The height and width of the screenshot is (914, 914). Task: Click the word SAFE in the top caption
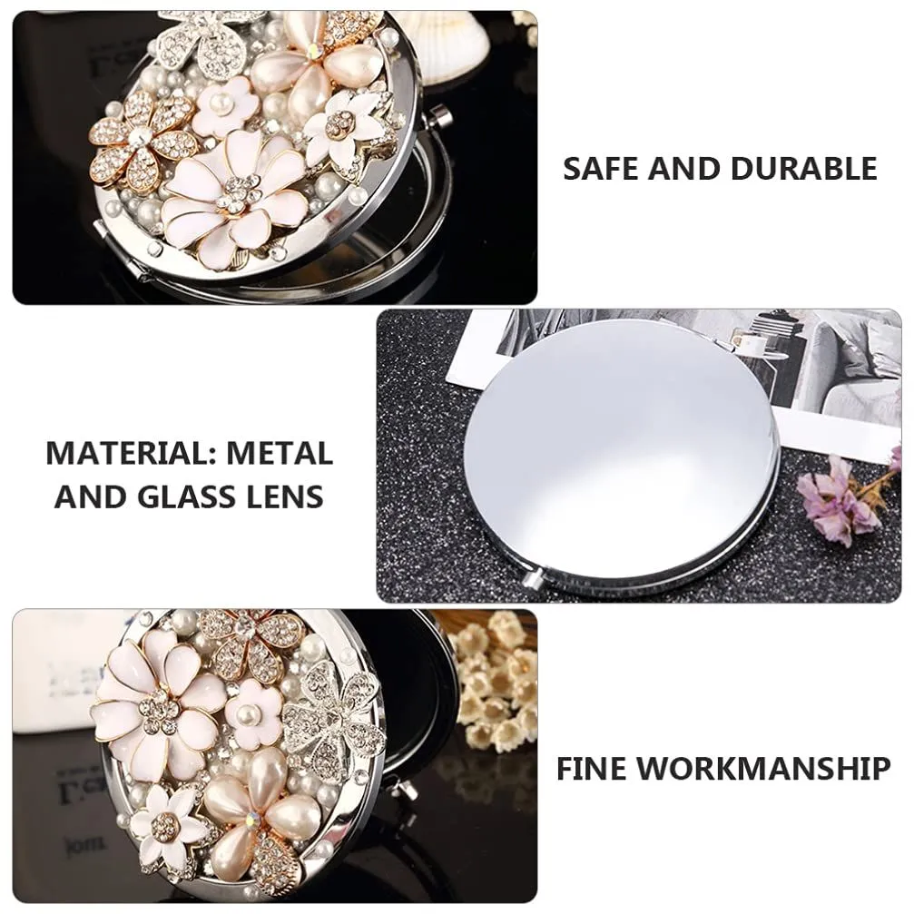click(x=602, y=169)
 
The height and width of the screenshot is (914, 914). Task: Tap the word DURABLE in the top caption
click(x=804, y=169)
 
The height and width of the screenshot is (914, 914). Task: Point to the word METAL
click(x=280, y=453)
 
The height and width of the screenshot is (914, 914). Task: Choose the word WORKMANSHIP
click(x=763, y=768)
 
